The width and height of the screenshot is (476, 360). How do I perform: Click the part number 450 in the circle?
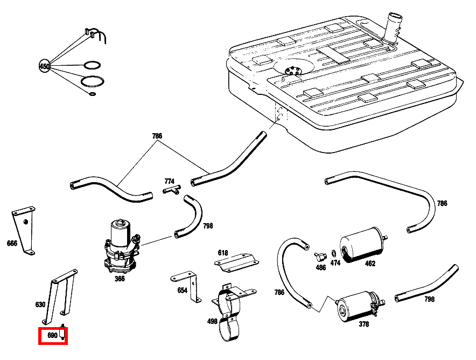coord(44,66)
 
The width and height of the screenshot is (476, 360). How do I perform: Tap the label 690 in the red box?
coord(52,335)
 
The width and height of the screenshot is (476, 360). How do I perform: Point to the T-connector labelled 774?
coord(172,190)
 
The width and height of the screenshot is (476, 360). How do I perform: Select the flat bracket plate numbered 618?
coord(235,262)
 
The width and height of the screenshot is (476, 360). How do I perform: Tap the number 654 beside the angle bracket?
coord(182,290)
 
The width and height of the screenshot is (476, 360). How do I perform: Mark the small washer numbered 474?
coord(334,253)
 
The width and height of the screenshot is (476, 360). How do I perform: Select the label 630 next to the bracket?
coord(40,304)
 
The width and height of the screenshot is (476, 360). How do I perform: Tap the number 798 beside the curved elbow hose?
coord(208,226)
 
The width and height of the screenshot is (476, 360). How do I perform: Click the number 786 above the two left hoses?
coord(157,136)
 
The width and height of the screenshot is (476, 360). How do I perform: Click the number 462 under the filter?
coord(370,264)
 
